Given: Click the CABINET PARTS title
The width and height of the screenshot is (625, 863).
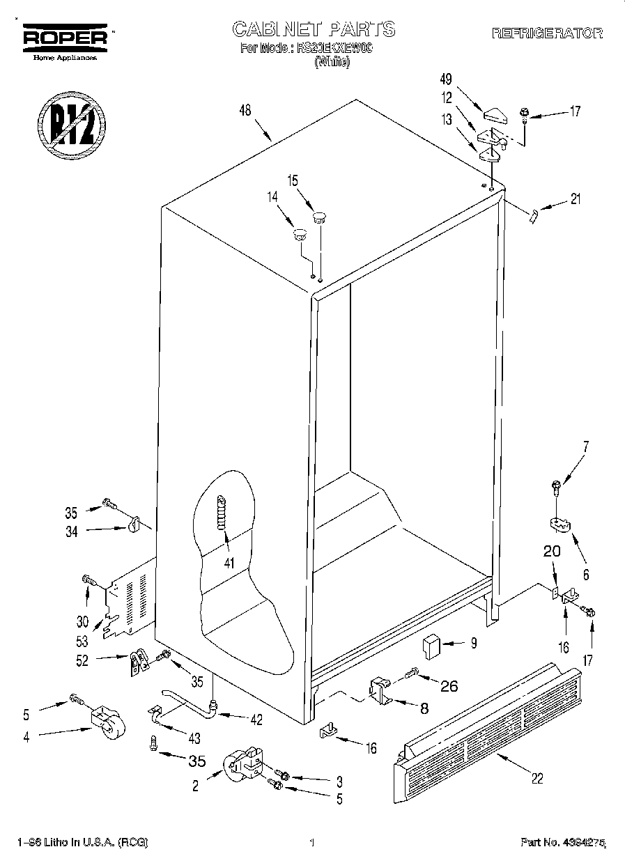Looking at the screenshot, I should point(313,29).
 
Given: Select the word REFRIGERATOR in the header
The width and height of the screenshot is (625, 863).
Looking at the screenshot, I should point(547,33).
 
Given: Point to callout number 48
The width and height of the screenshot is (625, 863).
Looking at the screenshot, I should point(245,110).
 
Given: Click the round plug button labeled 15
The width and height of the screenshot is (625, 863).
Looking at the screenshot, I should point(320,217).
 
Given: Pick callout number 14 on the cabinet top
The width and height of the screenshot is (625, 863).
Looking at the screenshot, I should point(272,197).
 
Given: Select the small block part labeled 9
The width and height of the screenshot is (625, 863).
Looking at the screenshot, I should point(431,645).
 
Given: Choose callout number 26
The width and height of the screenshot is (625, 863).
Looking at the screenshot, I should point(449,685).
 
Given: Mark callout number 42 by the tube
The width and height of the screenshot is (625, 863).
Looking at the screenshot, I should point(256,720).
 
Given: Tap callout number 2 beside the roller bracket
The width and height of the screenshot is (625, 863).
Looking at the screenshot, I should point(195,786).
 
